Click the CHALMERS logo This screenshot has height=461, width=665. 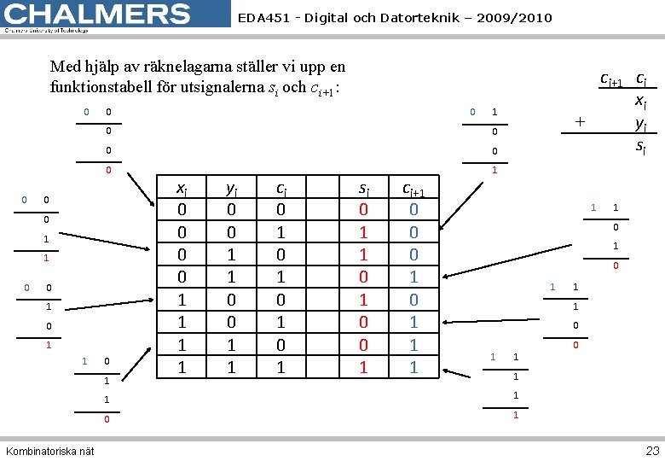click(96, 15)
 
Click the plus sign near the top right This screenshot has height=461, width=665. click(580, 121)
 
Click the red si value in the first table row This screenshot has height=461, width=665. click(364, 210)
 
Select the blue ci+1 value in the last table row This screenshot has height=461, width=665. click(413, 367)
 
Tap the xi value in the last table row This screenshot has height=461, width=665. click(181, 367)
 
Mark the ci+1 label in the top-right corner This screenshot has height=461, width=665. click(611, 79)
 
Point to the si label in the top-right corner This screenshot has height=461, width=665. click(641, 147)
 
